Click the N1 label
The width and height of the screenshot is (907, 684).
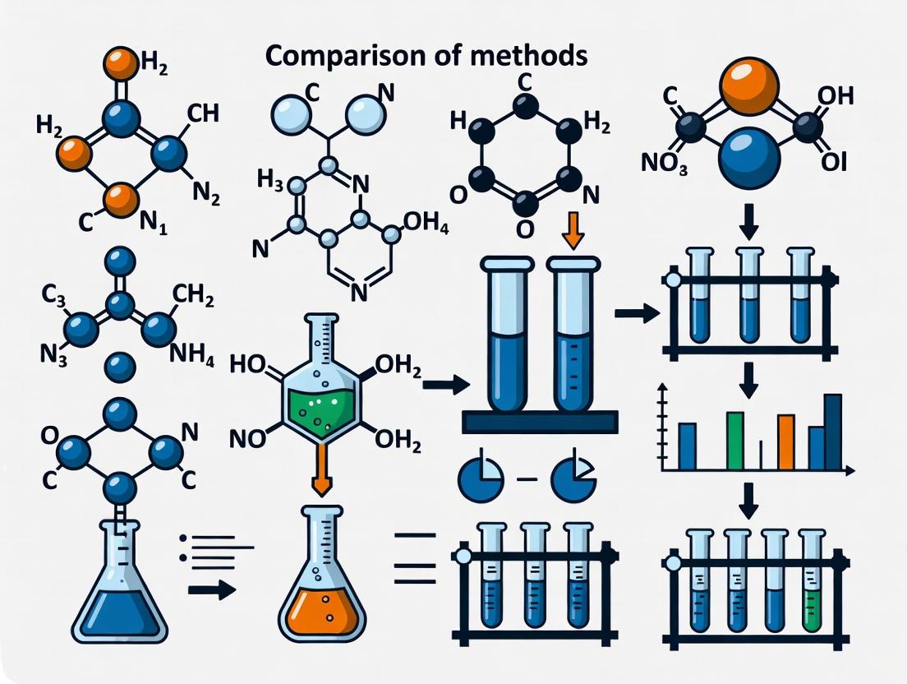152,223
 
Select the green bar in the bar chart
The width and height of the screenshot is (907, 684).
735,441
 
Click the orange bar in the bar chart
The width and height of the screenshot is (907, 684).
786,442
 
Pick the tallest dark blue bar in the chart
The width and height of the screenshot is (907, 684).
832,432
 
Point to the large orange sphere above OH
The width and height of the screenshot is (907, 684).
748,85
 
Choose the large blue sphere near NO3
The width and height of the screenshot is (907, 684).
749,157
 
